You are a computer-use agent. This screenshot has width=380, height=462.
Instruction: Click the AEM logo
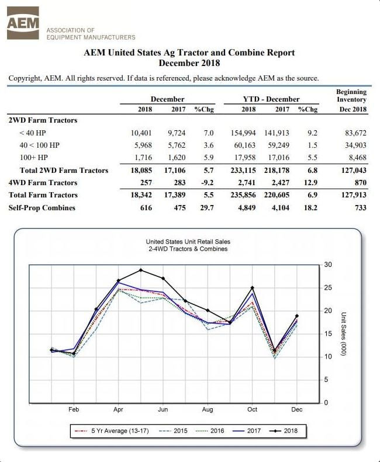point(23,23)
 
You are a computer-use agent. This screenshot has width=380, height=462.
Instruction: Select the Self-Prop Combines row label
point(42,207)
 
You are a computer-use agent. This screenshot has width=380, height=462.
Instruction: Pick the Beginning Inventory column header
point(351,100)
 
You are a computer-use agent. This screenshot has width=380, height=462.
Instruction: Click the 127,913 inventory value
point(353,195)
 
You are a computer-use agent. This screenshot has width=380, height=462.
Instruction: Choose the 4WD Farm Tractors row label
point(43,183)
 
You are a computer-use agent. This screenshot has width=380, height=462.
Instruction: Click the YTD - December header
point(271,99)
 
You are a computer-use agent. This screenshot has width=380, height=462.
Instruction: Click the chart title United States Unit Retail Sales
point(188,242)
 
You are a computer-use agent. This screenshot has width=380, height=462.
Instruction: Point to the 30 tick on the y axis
point(327,265)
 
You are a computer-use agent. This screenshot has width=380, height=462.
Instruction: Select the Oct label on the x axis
point(252,409)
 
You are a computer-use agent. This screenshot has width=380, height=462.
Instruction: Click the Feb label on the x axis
point(74,409)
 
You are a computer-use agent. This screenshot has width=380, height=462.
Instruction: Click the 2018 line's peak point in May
point(141,270)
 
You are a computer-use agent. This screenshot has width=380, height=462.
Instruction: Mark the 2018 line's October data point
point(252,287)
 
